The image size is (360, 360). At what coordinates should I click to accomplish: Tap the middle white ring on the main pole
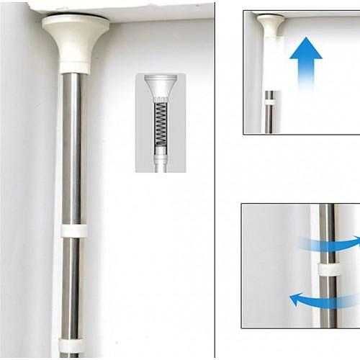coord(73,231)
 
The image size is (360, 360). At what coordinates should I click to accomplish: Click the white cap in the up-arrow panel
coord(270,23)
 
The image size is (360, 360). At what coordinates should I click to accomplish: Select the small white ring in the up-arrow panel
coord(269,102)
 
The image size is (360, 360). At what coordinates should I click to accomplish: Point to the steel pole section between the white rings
coord(72,288)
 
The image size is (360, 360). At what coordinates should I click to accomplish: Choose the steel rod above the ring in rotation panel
coord(327,230)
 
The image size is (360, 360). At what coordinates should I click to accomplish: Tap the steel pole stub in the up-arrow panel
coord(269,119)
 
